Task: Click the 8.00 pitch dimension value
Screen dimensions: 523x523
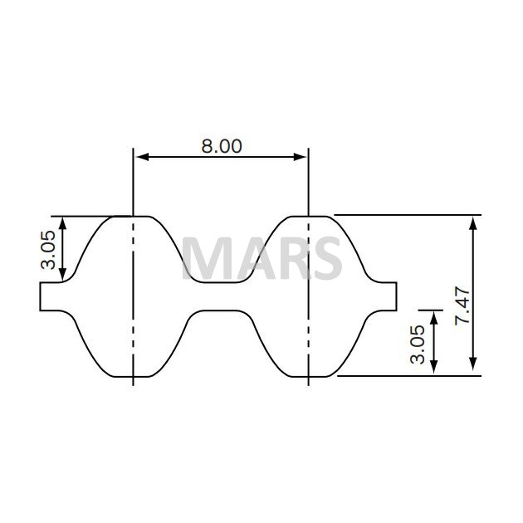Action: [222, 146]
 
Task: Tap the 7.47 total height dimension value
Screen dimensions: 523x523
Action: [462, 305]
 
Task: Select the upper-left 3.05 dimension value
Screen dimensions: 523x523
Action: [47, 250]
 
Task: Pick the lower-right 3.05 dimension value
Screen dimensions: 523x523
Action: [418, 345]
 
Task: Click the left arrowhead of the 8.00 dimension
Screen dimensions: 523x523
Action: [142, 157]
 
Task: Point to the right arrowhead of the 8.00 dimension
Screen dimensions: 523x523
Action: [300, 157]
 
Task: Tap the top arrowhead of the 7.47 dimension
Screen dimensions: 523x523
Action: [472, 223]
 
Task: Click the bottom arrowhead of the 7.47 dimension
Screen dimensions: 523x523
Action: [472, 364]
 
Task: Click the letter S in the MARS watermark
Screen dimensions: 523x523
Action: [325, 257]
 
